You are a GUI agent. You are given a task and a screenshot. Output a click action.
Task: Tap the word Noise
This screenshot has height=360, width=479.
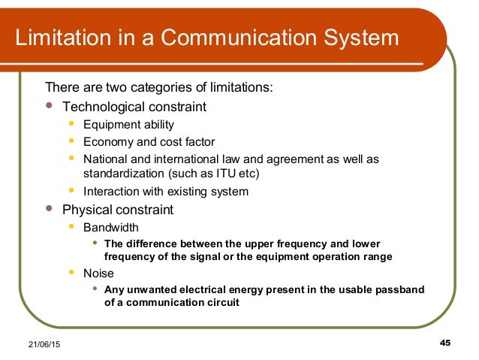pyautogui.click(x=98, y=274)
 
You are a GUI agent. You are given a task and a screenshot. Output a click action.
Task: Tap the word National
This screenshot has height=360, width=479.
pyautogui.click(x=105, y=159)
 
